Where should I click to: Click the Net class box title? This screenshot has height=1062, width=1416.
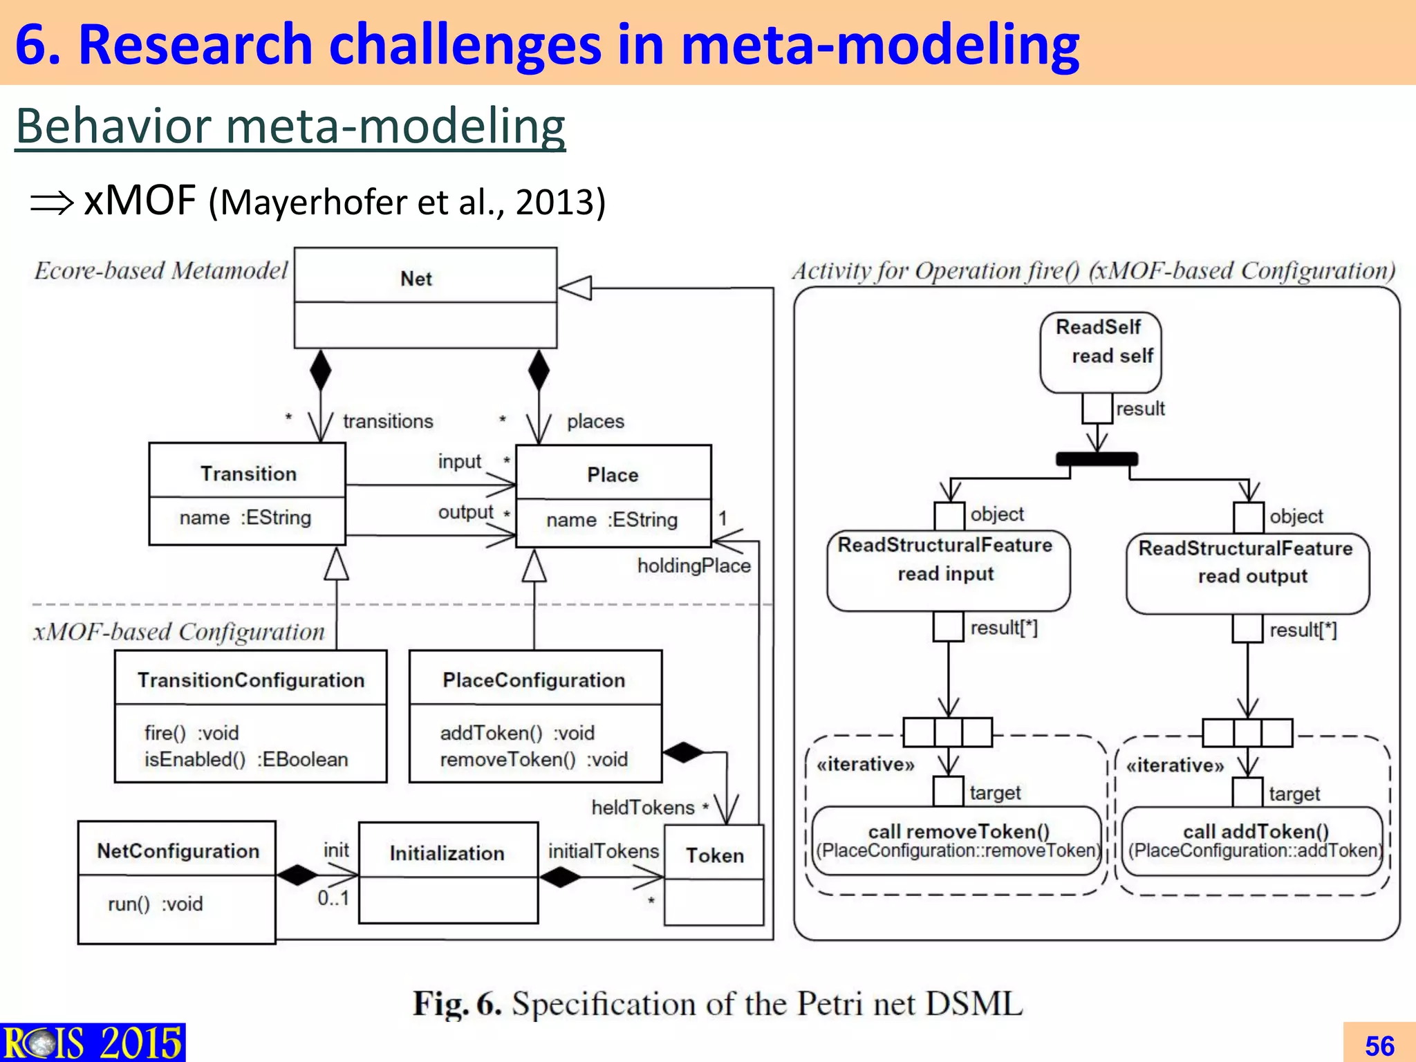click(x=416, y=279)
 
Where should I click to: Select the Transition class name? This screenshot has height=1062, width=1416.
click(x=248, y=474)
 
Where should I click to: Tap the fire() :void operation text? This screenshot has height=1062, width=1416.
click(x=191, y=733)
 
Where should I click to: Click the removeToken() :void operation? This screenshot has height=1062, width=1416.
click(x=533, y=759)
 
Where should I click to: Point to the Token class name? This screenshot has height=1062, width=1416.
click(x=715, y=855)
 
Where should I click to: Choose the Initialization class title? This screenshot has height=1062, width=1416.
click(x=447, y=853)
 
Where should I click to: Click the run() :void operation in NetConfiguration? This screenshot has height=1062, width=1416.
click(x=155, y=904)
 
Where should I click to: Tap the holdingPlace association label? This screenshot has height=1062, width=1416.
click(x=693, y=566)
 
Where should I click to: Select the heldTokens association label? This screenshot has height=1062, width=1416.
click(x=642, y=808)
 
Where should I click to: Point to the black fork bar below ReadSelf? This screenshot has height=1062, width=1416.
click(x=1097, y=459)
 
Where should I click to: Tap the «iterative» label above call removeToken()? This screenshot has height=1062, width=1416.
click(x=865, y=764)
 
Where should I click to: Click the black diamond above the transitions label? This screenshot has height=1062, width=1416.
click(x=320, y=370)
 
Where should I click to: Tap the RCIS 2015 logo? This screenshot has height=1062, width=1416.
click(x=93, y=1043)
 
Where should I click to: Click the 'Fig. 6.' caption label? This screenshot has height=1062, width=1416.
click(x=456, y=1004)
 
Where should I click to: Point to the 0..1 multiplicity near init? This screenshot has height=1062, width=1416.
click(x=333, y=898)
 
